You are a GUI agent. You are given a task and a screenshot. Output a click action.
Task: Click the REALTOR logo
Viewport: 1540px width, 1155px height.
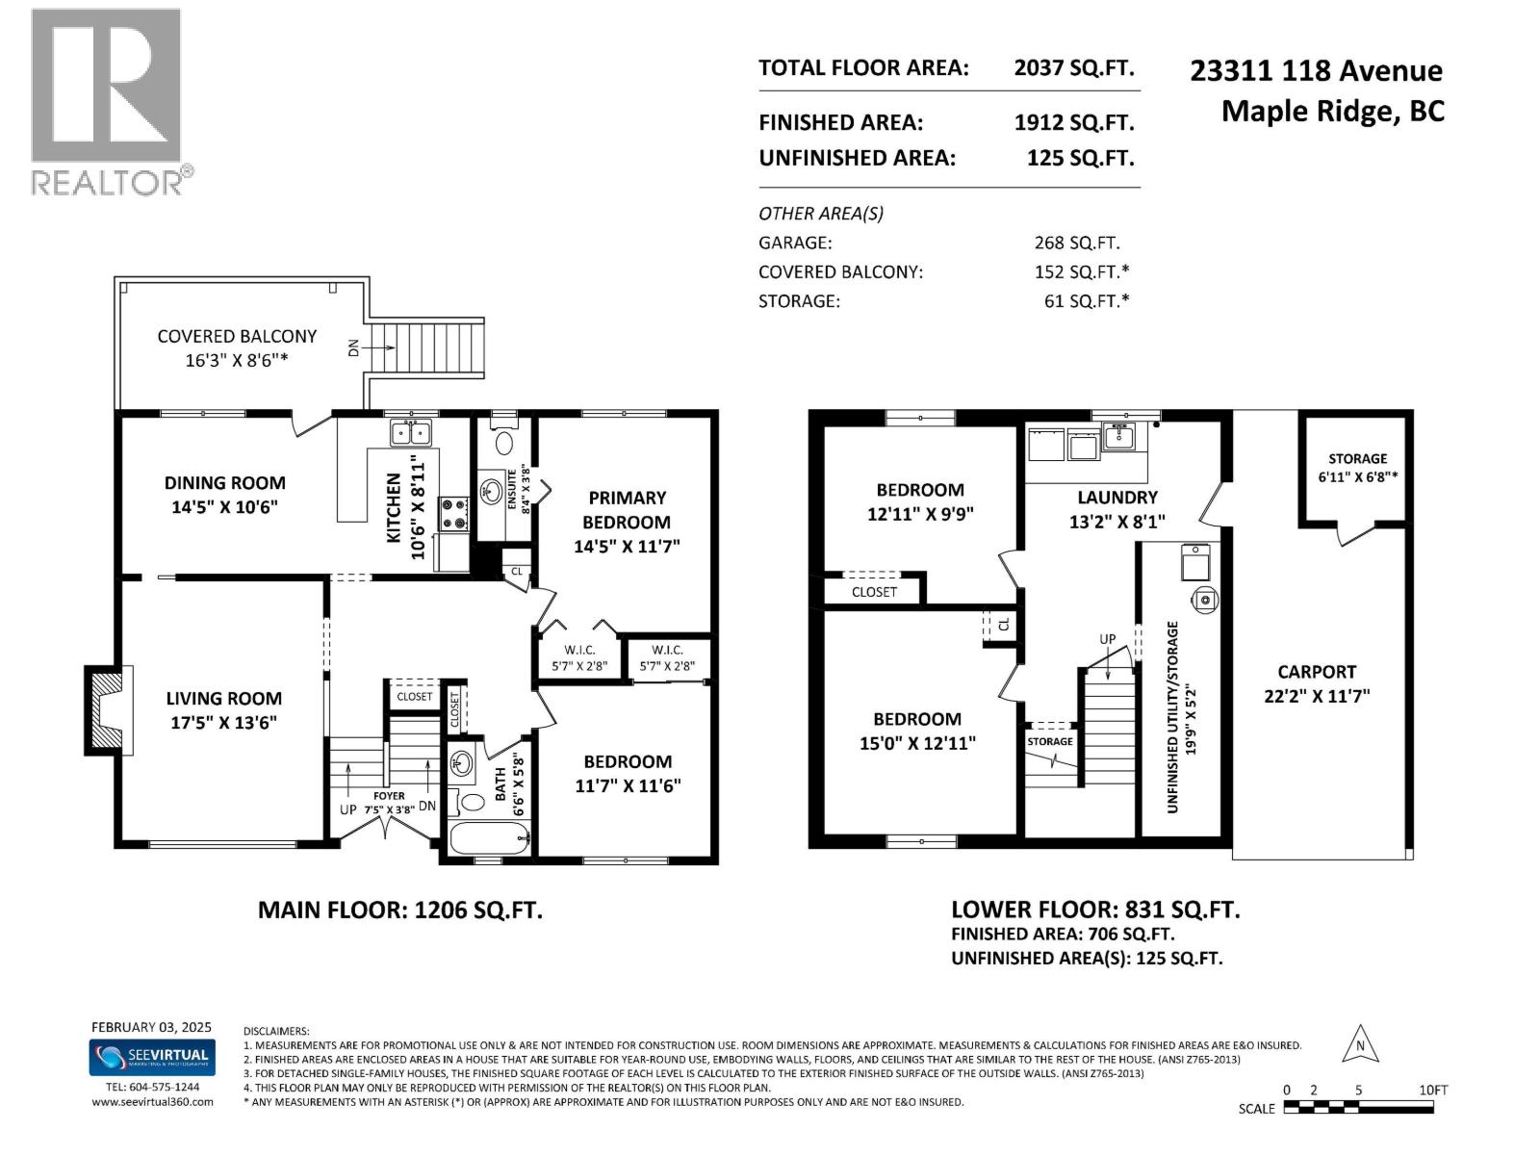click(x=112, y=102)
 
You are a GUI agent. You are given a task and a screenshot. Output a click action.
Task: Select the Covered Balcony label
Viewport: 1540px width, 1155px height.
click(x=237, y=337)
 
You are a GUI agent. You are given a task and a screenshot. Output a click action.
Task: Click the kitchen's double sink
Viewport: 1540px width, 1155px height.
click(x=411, y=433)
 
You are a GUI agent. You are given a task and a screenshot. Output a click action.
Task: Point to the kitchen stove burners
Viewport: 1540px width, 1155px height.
click(x=454, y=514)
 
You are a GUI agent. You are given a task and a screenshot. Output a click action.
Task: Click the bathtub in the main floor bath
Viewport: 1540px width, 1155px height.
click(x=489, y=838)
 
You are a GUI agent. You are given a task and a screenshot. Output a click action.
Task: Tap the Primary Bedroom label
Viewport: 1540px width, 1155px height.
click(x=627, y=510)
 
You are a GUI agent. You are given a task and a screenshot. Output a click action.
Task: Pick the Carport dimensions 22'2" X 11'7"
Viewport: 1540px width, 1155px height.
click(x=1317, y=696)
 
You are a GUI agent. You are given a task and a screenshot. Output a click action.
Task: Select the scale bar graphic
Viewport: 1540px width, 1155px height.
click(x=1358, y=1107)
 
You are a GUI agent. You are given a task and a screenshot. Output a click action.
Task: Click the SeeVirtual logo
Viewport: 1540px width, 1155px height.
click(x=152, y=1058)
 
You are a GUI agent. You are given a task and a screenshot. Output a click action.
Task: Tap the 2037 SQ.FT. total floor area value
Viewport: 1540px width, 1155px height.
click(x=1073, y=68)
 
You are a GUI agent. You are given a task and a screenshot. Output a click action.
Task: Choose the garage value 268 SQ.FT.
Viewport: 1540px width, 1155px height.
click(x=1077, y=244)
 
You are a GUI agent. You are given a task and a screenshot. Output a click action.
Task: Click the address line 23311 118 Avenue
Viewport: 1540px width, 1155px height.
click(x=1316, y=71)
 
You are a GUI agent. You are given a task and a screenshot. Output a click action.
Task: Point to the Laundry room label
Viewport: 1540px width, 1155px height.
click(x=1116, y=498)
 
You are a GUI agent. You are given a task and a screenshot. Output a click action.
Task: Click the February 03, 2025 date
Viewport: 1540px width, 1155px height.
click(x=151, y=1027)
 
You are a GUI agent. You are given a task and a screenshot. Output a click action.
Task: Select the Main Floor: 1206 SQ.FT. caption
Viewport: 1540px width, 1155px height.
click(x=400, y=911)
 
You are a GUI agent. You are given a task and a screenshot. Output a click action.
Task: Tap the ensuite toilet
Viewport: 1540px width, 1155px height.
click(x=503, y=439)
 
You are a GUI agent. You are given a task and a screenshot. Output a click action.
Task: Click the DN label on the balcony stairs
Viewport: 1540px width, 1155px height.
click(x=353, y=347)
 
